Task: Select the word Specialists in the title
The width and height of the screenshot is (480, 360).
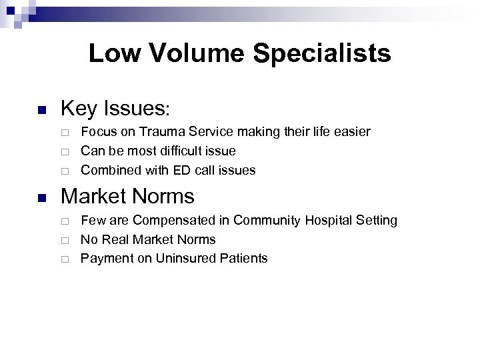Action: click(x=321, y=53)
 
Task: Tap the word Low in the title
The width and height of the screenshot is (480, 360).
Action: click(x=111, y=53)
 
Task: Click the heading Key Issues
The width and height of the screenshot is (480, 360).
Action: click(x=116, y=108)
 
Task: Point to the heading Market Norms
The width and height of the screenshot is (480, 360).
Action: click(x=127, y=197)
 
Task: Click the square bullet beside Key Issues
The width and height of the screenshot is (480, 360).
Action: click(x=41, y=109)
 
